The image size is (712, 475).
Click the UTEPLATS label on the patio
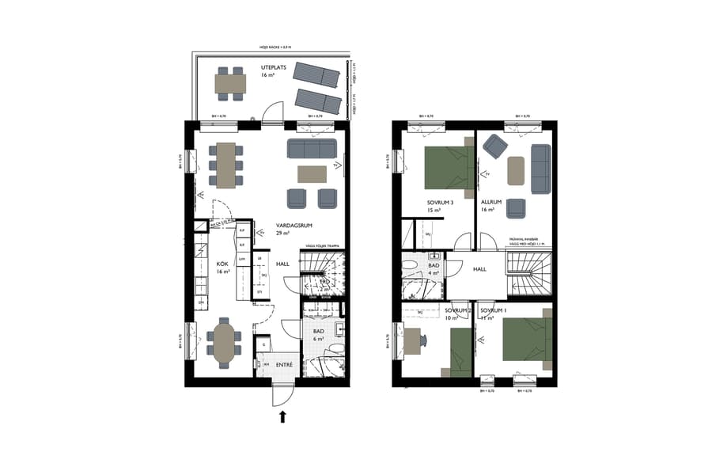pyautogui.click(x=273, y=69)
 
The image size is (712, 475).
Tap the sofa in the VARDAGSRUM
pyautogui.click(x=311, y=148)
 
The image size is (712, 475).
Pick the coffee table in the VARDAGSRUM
pyautogui.click(x=312, y=173)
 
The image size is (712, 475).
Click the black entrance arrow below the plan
pyautogui.click(x=282, y=417)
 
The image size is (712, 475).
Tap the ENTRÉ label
pyautogui.click(x=284, y=364)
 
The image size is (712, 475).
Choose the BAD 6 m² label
pyautogui.click(x=318, y=332)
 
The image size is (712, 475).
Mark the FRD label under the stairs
pyautogui.click(x=324, y=281)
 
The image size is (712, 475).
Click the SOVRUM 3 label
pyautogui.click(x=441, y=203)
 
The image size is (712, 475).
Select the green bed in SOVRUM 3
pyautogui.click(x=448, y=166)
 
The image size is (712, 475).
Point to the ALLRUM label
pyautogui.click(x=491, y=203)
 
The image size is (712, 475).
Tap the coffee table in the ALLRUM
pyautogui.click(x=517, y=170)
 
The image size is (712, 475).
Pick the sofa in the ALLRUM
pyautogui.click(x=541, y=168)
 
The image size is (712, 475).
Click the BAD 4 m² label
pyautogui.click(x=434, y=266)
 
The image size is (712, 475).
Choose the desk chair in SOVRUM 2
pyautogui.click(x=424, y=340)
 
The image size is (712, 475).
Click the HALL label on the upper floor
pyautogui.click(x=479, y=269)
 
